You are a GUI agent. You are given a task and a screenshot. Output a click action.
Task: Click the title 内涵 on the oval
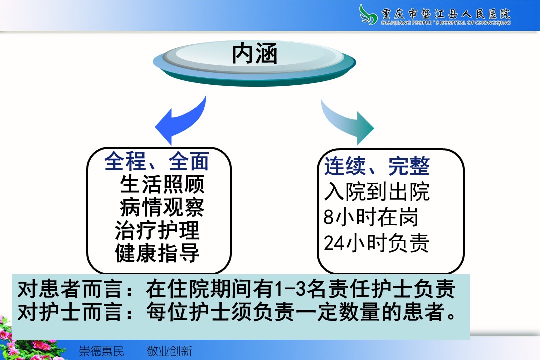[x=254, y=54]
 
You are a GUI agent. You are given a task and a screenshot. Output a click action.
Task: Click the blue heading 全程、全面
[x=157, y=161]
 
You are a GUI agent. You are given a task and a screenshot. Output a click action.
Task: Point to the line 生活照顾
[x=162, y=184]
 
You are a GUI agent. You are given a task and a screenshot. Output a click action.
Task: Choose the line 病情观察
[x=162, y=207]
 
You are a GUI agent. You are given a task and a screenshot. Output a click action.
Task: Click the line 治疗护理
[x=157, y=230]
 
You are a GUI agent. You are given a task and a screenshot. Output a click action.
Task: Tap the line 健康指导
[x=157, y=253]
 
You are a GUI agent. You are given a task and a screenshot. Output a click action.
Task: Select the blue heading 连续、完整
[x=377, y=166]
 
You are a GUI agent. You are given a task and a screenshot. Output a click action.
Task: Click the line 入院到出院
[x=377, y=191]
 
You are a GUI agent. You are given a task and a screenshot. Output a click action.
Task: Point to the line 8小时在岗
[x=371, y=217]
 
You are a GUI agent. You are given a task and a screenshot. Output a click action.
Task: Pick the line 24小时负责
[x=377, y=243]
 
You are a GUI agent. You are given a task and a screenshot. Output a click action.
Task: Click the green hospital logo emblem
[x=368, y=15]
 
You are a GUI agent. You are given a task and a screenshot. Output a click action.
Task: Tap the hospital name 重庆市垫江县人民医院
[x=446, y=14]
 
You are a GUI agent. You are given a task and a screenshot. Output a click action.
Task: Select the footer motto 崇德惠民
[x=101, y=351]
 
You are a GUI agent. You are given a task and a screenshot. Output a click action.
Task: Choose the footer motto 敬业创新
[x=169, y=351]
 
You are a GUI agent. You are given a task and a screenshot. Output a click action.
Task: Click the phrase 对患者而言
[x=70, y=289]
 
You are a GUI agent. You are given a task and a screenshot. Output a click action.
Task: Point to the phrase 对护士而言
[x=70, y=312]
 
